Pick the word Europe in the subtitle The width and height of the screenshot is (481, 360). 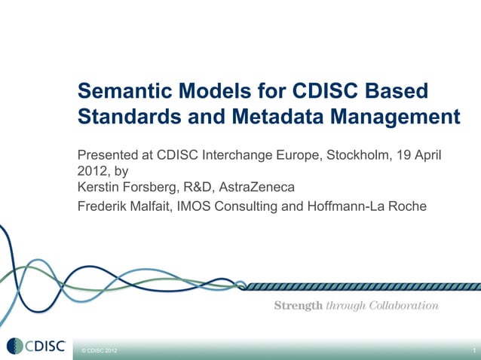(299, 155)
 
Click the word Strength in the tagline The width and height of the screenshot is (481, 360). (298, 305)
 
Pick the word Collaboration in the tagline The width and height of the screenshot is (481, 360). (403, 305)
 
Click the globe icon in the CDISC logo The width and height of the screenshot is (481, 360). (15, 346)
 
